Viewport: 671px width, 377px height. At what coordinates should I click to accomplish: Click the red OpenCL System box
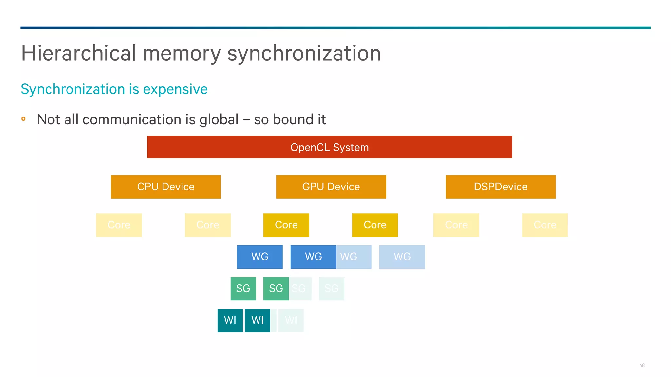coord(329,147)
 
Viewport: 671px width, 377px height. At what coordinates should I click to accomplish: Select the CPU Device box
coord(166,187)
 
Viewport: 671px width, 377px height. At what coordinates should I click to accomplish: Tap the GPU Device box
coord(331,187)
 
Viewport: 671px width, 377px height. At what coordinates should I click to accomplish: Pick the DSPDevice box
coord(500,187)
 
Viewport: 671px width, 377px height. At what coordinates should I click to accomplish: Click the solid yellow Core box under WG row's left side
coord(286,225)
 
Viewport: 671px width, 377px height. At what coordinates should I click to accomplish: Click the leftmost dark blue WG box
coord(259,257)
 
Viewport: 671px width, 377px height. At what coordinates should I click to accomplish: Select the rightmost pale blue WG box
coord(402,257)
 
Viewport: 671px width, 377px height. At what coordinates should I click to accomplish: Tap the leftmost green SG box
coord(243,289)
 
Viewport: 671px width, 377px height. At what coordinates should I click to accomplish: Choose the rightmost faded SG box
coord(332,289)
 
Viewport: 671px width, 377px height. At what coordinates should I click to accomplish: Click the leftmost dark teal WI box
coord(230,320)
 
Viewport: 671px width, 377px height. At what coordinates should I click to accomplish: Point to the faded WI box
coord(291,320)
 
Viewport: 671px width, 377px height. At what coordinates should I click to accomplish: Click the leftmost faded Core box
coord(119,225)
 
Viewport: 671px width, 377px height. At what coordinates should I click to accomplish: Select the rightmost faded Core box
coord(545,225)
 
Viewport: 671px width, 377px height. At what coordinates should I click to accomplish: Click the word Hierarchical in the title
coord(79,53)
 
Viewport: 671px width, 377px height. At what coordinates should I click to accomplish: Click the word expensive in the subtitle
coord(175,89)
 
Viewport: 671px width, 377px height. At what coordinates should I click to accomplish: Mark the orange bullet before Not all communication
coord(23,119)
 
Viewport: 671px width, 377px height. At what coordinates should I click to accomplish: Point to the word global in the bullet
coord(219,120)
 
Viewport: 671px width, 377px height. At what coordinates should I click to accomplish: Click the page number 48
coord(642,365)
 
